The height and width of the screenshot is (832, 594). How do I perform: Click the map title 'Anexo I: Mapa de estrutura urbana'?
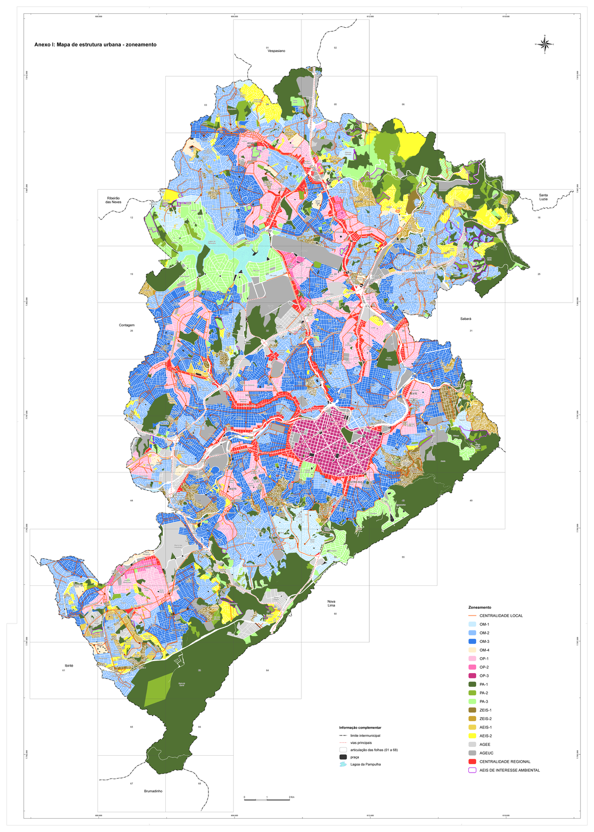[95, 45]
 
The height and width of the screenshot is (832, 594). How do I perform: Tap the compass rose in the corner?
[544, 45]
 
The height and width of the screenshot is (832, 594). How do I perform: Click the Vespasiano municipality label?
[276, 51]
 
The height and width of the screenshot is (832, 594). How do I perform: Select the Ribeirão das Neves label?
[113, 200]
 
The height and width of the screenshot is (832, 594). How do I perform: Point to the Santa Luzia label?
[543, 197]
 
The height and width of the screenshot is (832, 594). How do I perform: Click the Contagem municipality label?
[127, 325]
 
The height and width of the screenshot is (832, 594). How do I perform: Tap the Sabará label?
[465, 319]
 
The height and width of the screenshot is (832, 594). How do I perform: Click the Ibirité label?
[69, 666]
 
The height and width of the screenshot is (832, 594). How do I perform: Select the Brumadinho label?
[153, 791]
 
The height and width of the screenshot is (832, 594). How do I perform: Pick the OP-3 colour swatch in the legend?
[472, 676]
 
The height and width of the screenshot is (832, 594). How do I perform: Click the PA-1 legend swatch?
[472, 684]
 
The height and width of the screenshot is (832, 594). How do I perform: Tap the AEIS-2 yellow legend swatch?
[472, 736]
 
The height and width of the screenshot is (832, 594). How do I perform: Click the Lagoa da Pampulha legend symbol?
[343, 764]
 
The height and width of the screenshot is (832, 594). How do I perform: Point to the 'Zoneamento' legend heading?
[479, 607]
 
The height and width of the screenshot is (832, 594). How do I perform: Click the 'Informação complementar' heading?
[360, 728]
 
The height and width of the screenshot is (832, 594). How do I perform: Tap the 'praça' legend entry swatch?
[343, 757]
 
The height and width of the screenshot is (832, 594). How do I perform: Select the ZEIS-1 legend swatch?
[472, 710]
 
